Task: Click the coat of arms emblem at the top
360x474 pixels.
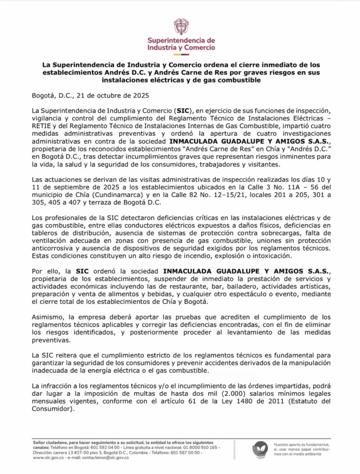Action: click(181, 26)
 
